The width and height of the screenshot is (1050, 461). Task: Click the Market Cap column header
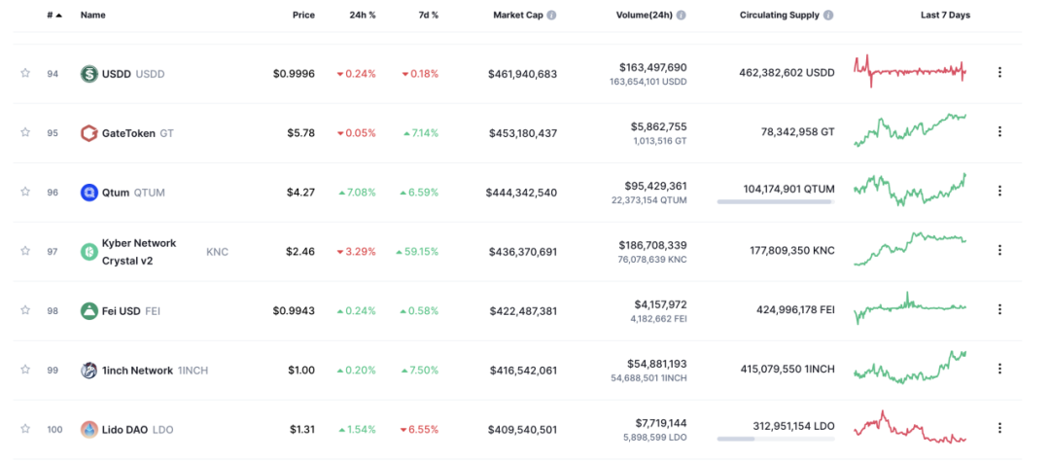tap(518, 15)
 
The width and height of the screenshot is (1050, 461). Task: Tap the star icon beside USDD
tap(25, 73)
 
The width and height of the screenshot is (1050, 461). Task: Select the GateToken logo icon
tap(89, 132)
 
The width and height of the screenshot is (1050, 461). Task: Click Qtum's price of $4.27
tap(301, 193)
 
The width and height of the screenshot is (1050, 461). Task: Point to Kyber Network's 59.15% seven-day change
tap(417, 252)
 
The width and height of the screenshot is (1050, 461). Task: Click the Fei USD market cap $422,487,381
tap(523, 311)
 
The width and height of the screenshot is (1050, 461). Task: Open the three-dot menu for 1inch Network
tap(999, 369)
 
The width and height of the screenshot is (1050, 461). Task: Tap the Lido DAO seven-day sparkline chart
tap(910, 428)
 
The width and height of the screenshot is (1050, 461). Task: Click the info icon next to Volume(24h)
tap(681, 15)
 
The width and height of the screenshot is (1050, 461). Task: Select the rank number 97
tap(52, 251)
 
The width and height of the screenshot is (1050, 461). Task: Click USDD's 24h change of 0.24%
tap(356, 74)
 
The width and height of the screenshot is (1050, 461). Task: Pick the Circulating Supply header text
tap(780, 15)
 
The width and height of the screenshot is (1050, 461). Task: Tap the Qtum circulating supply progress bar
tap(776, 201)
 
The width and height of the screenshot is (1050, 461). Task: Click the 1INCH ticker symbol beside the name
tap(192, 371)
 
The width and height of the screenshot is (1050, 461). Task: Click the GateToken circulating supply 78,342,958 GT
tap(797, 132)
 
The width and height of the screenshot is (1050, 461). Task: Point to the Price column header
tap(303, 15)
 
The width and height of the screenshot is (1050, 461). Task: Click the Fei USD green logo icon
tap(89, 311)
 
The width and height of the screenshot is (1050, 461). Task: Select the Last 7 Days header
tap(945, 15)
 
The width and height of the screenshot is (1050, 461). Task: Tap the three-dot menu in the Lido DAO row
tap(999, 428)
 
